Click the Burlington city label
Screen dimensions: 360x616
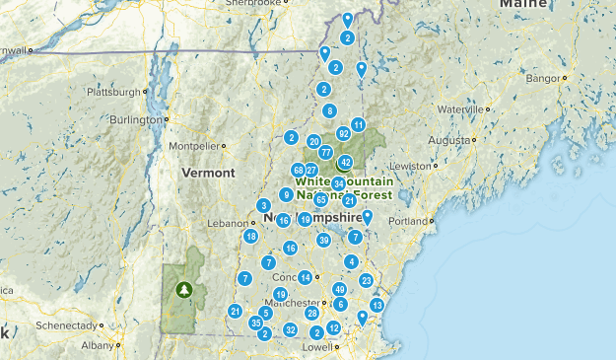click(134, 120)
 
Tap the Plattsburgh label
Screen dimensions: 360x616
click(116, 93)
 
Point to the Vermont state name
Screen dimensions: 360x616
click(208, 173)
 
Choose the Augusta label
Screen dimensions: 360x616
click(448, 140)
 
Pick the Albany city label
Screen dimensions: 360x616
click(99, 345)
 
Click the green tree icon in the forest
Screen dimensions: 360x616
click(183, 290)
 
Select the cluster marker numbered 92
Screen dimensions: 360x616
click(343, 133)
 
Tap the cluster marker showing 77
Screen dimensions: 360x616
click(325, 152)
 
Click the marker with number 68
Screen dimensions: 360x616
click(299, 170)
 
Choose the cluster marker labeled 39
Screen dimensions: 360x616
click(323, 240)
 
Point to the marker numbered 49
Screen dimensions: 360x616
click(339, 289)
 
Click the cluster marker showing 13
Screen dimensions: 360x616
click(376, 306)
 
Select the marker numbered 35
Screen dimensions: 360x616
click(255, 323)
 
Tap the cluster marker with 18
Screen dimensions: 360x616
click(251, 237)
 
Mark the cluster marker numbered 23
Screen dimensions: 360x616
click(366, 281)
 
